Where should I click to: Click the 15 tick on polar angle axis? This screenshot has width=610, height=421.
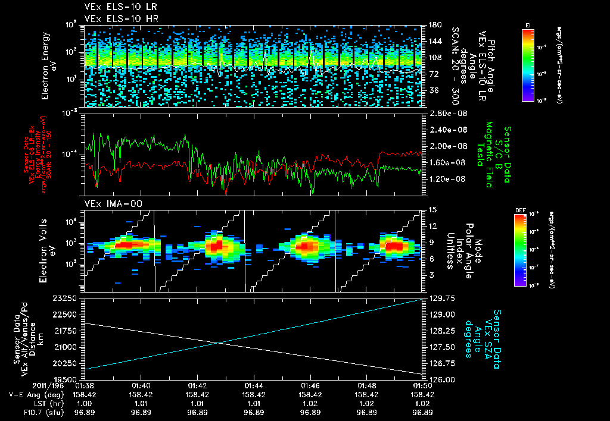432,209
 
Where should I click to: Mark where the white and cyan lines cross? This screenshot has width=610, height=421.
218,343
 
